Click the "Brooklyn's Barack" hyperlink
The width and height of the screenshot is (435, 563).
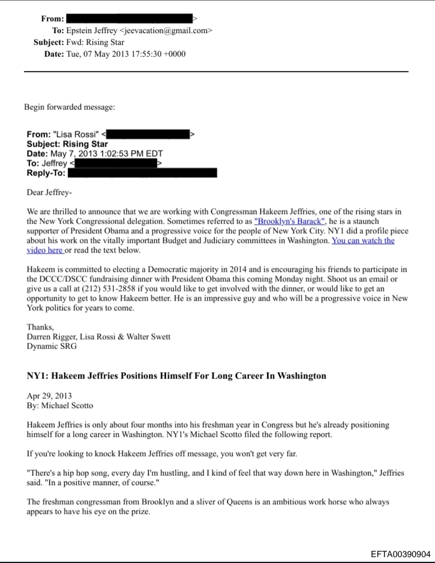click(289, 221)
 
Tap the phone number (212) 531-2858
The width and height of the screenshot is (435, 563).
click(109, 289)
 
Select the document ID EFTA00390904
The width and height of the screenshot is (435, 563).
click(400, 554)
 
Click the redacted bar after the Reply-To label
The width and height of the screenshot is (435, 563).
click(142, 173)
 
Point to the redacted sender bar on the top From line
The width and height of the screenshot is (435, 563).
click(129, 19)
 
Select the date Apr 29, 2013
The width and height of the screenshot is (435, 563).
click(49, 396)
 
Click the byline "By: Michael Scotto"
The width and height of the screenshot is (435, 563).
click(60, 405)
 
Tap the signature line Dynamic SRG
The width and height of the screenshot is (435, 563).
click(52, 346)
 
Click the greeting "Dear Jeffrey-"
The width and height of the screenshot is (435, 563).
click(49, 192)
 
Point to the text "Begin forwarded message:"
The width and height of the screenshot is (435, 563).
click(69, 107)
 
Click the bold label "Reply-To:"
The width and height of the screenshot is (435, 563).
click(46, 173)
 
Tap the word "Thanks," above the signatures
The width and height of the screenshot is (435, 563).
click(40, 327)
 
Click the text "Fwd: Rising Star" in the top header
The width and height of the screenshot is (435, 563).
click(95, 42)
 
